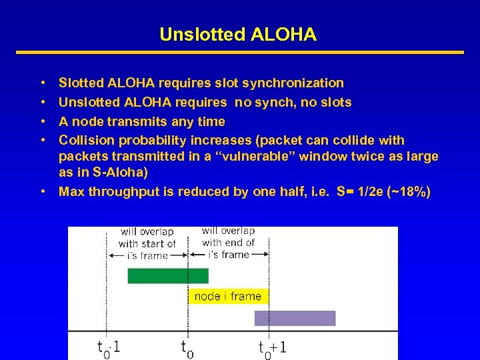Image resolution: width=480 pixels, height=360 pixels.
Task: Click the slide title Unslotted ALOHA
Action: pyautogui.click(x=238, y=35)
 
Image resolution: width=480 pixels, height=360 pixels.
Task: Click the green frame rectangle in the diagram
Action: pyautogui.click(x=168, y=275)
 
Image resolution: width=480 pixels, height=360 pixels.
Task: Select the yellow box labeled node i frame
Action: pyautogui.click(x=227, y=296)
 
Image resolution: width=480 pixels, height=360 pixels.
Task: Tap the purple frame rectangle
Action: pyautogui.click(x=295, y=318)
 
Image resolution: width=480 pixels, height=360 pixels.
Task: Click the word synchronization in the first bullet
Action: pyautogui.click(x=293, y=83)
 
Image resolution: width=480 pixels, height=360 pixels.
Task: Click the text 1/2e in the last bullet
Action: pyautogui.click(x=371, y=192)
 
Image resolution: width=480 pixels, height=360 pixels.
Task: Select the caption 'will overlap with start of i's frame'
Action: pyautogui.click(x=147, y=243)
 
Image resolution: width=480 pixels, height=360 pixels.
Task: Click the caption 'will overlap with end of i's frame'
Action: pyautogui.click(x=228, y=243)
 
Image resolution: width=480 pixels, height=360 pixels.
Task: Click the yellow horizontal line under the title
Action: pyautogui.click(x=239, y=52)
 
